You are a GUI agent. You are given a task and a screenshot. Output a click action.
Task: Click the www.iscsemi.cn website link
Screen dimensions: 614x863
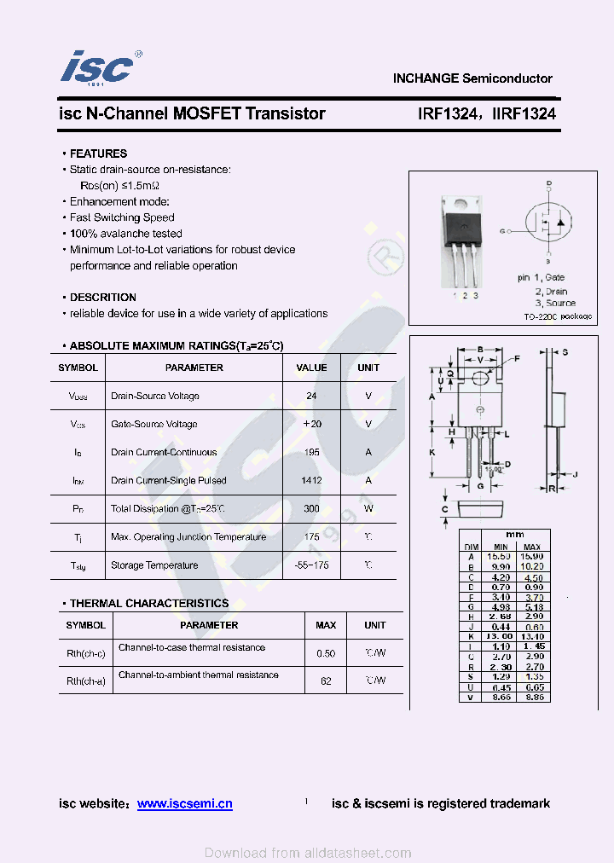point(184,803)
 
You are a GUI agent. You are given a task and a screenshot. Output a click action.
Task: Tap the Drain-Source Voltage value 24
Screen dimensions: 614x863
point(311,396)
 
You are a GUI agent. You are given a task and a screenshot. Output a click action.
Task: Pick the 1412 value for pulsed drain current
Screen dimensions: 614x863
point(311,480)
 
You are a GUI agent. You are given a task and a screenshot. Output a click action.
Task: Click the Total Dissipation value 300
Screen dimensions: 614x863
point(311,508)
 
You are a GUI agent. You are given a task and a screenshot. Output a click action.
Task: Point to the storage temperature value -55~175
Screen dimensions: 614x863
point(311,565)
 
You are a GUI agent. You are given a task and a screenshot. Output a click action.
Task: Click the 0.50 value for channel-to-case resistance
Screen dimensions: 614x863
point(326,653)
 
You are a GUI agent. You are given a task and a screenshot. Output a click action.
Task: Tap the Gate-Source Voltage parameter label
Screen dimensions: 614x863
point(153,424)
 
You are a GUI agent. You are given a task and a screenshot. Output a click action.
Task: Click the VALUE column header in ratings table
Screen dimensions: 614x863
point(311,368)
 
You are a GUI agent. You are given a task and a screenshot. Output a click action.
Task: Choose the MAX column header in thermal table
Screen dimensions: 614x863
point(326,625)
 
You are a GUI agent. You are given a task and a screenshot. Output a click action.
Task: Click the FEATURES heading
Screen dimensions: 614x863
point(98,153)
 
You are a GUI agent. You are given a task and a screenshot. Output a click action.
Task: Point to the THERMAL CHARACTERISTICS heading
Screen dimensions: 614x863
point(148,603)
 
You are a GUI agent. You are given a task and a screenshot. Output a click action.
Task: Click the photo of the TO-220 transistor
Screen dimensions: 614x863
point(460,239)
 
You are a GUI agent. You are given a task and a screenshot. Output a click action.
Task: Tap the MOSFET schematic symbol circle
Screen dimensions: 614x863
point(549,224)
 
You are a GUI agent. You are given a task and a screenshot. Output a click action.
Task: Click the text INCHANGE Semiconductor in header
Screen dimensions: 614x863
point(472,78)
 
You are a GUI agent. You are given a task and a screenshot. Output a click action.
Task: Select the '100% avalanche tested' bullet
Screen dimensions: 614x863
point(125,234)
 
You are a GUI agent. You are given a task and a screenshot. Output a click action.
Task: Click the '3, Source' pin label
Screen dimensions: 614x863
point(555,303)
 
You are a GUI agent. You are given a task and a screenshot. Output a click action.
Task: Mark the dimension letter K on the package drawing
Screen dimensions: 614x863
point(432,452)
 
